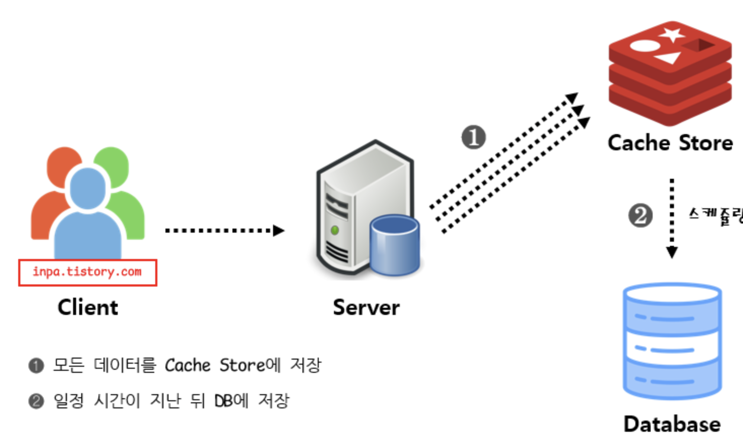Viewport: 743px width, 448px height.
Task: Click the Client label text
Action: click(88, 307)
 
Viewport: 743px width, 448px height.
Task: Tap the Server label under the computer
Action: click(366, 307)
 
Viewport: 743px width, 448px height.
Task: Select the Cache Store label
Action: click(670, 143)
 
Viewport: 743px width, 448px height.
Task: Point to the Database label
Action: click(672, 424)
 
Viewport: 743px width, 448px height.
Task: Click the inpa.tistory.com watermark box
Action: click(87, 272)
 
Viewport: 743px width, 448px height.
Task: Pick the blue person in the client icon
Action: click(88, 213)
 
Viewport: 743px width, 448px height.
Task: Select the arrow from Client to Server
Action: click(223, 231)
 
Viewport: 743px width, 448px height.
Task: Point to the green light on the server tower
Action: click(334, 230)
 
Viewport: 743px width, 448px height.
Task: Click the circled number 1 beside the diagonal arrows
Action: click(474, 137)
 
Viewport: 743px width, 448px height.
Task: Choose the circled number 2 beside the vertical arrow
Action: click(640, 215)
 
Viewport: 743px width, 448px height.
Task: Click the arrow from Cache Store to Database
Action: click(672, 218)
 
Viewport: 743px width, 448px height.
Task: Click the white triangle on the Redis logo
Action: click(667, 57)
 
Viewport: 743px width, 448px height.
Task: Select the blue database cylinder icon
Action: click(672, 340)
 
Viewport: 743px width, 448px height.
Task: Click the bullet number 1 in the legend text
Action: click(36, 366)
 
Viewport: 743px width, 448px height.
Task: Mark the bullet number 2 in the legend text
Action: click(36, 401)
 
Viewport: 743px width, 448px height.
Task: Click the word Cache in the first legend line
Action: click(187, 365)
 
